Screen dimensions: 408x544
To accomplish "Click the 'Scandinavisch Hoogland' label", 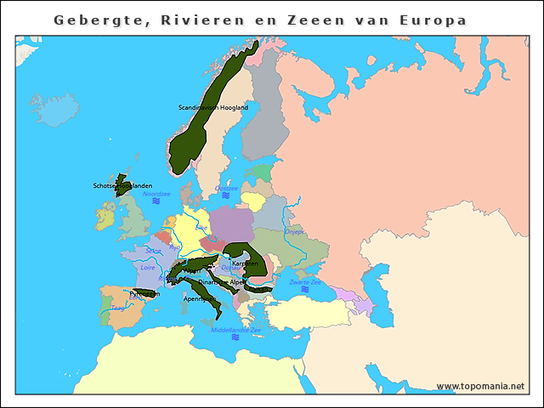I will [213, 108].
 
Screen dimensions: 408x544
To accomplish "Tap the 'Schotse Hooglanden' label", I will [122, 185].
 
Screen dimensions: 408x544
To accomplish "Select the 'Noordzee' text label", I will [156, 194].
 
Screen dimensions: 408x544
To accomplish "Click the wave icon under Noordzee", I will [156, 202].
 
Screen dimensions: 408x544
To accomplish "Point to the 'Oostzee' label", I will [227, 188].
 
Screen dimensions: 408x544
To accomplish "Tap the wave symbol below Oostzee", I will [226, 195].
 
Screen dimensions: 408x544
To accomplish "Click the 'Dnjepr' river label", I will [294, 230].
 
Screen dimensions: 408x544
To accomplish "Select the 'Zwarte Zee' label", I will [304, 281].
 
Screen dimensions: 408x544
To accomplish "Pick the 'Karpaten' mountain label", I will [246, 264].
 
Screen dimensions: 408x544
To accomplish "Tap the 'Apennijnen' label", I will [199, 298].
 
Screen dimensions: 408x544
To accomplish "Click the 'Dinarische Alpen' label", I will [222, 281].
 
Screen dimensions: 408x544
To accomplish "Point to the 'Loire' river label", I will [148, 267].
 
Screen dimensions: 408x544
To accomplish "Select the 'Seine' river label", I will [153, 251].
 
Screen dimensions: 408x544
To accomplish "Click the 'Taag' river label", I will [117, 309].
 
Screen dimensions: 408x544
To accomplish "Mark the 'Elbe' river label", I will [201, 228].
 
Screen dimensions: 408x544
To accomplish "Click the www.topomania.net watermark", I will [480, 386].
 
